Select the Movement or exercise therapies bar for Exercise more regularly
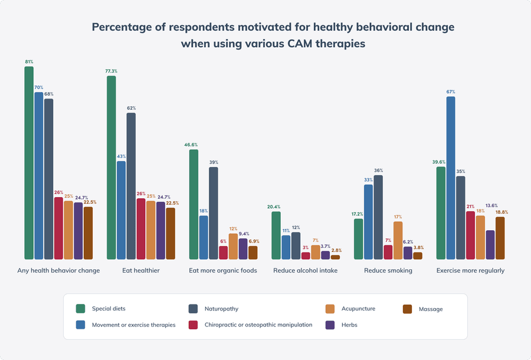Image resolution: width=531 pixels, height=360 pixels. coord(451,178)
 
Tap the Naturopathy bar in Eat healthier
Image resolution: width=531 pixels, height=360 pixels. coord(131,186)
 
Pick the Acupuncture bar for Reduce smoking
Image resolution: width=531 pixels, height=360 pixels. coord(398,240)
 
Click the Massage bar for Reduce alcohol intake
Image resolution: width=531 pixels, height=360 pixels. coord(335,257)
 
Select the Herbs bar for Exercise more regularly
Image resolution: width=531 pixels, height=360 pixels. coord(490,244)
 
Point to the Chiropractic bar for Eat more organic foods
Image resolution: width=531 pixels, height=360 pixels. coord(223,253)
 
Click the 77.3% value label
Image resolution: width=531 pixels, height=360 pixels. coord(111,71)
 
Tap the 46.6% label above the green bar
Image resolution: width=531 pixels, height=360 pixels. coord(191,145)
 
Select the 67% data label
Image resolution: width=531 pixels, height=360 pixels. coord(451,92)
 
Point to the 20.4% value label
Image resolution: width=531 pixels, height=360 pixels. coord(273,207)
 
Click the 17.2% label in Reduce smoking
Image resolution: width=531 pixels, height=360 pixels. coord(358,214)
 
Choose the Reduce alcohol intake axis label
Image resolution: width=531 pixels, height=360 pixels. coord(305,271)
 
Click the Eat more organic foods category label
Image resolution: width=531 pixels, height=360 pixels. coord(222,271)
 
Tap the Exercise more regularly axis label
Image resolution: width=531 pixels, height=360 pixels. coord(470,271)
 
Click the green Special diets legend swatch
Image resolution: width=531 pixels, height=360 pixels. coord(81,309)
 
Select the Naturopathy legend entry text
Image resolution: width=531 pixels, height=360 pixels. coord(221,309)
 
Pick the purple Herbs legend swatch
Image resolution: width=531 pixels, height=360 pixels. coord(330,325)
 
